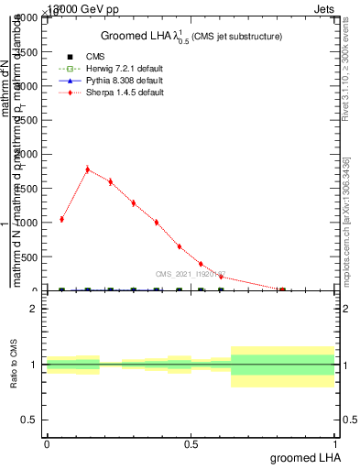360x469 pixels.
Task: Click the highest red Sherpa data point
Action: (87, 169)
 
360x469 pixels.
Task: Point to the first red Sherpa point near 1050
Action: (61, 219)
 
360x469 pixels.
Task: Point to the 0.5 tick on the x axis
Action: (191, 443)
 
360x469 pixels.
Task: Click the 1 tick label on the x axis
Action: (336, 443)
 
